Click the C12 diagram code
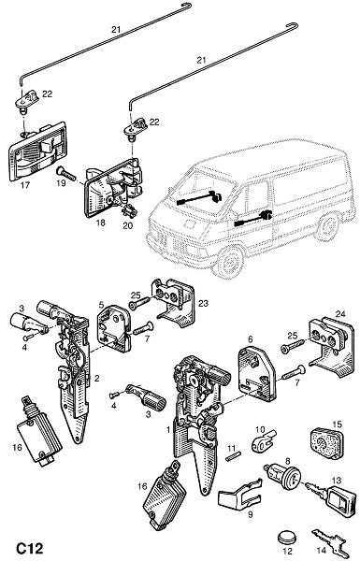[x=29, y=548]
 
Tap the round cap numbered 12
[x=287, y=538]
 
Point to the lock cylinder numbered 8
[x=283, y=477]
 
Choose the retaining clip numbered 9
[x=239, y=493]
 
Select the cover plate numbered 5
[x=114, y=328]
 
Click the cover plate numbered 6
[x=257, y=373]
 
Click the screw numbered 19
[x=66, y=174]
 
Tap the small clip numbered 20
[x=128, y=211]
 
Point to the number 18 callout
[x=101, y=223]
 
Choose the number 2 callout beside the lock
[x=96, y=378]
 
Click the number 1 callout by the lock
[x=169, y=429]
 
